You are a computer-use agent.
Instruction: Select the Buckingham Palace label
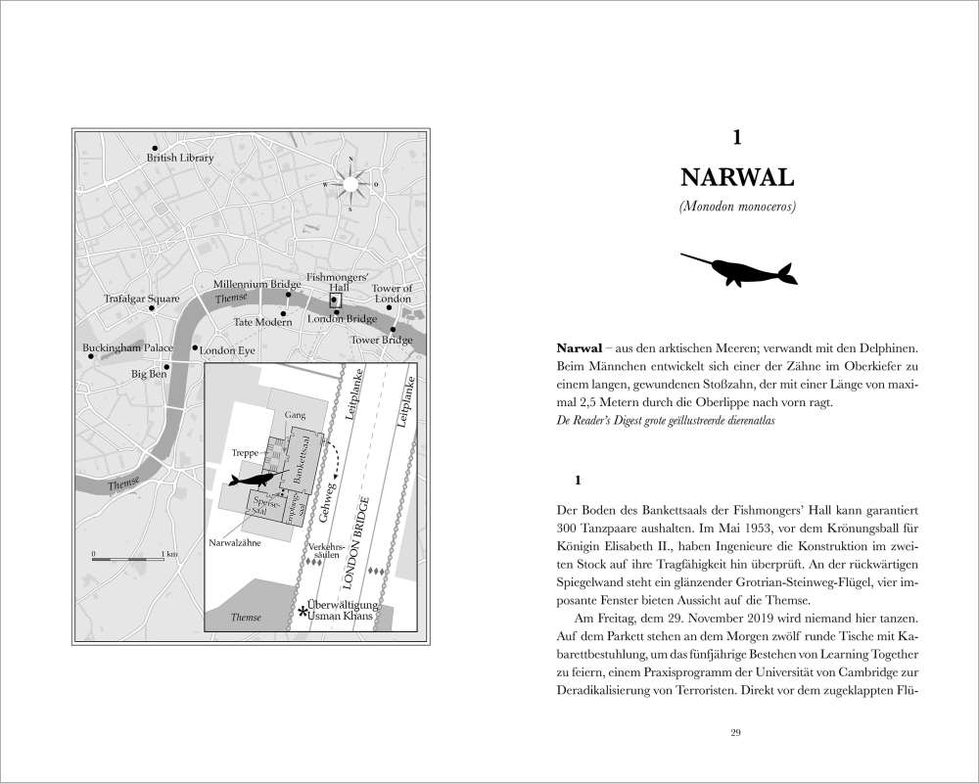pyautogui.click(x=128, y=347)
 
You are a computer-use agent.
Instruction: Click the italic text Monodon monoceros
pyautogui.click(x=736, y=207)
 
